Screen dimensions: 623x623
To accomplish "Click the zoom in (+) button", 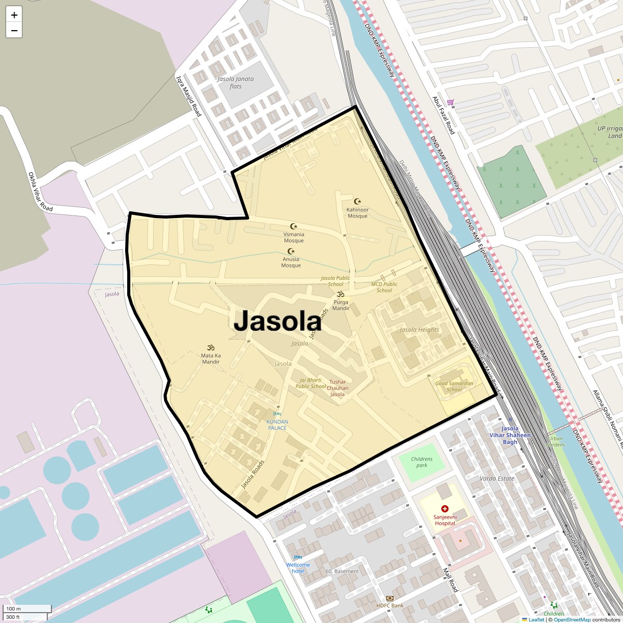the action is tap(14, 15).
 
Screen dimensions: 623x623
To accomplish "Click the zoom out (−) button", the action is tap(14, 31).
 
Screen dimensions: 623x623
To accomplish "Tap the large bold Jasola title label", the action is tap(278, 322).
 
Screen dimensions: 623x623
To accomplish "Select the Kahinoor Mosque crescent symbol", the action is tap(357, 201).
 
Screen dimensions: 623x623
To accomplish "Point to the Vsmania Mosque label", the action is tap(294, 238).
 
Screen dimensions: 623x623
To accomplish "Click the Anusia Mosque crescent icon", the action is tap(291, 251).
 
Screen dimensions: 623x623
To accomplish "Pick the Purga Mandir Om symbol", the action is tap(341, 294).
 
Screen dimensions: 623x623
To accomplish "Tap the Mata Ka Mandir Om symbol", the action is tap(211, 347).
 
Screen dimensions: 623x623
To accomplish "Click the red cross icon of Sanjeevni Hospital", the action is tap(444, 509).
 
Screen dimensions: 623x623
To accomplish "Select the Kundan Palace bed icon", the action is tap(277, 414).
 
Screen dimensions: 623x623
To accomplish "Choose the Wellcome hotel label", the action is tap(298, 568).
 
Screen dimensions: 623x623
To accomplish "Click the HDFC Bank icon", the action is tap(390, 599).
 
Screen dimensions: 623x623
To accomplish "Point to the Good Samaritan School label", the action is tap(454, 386).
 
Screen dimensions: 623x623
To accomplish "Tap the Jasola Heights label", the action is tap(419, 330).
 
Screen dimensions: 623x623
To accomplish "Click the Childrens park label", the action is tap(422, 462).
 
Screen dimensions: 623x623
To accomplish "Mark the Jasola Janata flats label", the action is tap(236, 83).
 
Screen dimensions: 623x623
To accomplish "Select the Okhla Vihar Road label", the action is tap(40, 192).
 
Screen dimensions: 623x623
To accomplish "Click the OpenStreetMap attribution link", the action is tap(572, 619).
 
